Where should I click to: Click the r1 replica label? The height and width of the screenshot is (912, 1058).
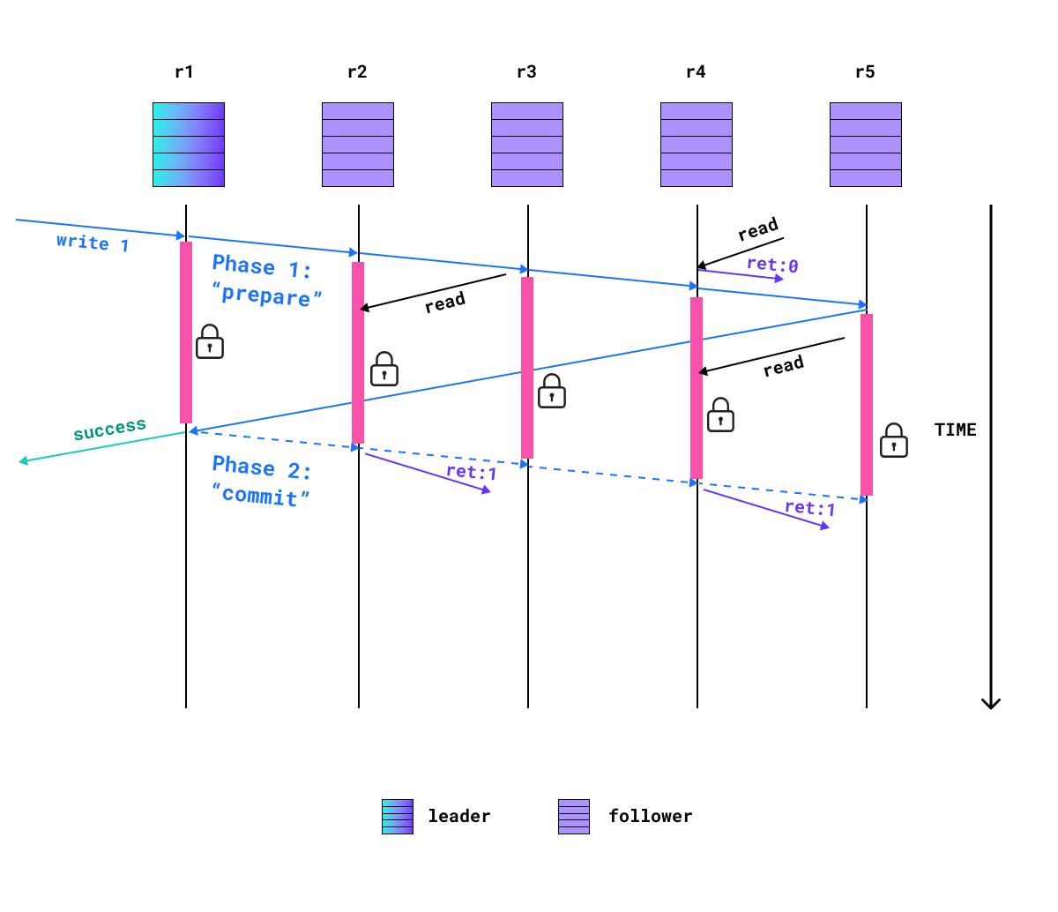183,72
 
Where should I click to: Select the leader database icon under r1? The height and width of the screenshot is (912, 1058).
189,145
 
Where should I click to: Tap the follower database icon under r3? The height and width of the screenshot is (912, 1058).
527,145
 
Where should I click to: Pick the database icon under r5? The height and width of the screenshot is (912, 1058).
866,145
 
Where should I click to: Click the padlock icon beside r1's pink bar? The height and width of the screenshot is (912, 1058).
209,342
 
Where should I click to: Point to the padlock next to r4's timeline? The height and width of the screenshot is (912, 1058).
720,415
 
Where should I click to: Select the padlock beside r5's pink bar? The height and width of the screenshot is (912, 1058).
894,441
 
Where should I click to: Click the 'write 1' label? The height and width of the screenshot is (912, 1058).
93,243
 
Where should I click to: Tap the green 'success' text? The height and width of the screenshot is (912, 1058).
109,430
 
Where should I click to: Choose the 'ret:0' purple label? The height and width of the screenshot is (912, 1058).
772,264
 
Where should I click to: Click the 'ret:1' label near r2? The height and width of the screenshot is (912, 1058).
471,472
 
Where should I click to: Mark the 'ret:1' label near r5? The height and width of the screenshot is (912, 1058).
809,508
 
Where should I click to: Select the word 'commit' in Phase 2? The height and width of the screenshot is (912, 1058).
261,496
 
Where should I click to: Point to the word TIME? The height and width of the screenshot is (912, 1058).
955,430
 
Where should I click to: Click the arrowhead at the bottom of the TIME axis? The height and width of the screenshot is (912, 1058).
991,703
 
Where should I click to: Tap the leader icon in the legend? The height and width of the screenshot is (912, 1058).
397,816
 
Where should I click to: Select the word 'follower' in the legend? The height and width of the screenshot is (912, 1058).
650,817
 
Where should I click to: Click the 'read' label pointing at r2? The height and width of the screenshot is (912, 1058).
445,303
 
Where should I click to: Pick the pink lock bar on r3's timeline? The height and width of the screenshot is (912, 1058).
527,368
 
